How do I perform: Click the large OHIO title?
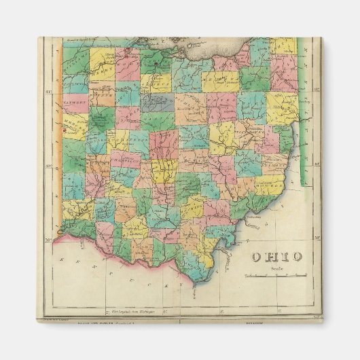tap(277, 256)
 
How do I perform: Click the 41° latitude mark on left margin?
tap(50, 90)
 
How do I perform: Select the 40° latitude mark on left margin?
tap(50, 165)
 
